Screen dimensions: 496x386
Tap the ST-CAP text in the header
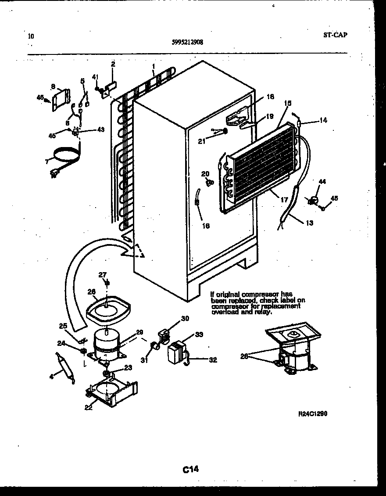click(x=336, y=35)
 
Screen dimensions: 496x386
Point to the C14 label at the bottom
click(x=191, y=470)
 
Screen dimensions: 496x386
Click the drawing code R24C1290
click(x=313, y=414)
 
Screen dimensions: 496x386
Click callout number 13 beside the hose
click(x=310, y=223)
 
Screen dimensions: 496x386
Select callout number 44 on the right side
click(x=322, y=182)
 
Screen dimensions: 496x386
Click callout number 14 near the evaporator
click(x=323, y=119)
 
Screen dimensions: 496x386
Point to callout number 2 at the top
click(x=113, y=64)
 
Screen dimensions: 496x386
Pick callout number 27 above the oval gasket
click(x=102, y=275)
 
